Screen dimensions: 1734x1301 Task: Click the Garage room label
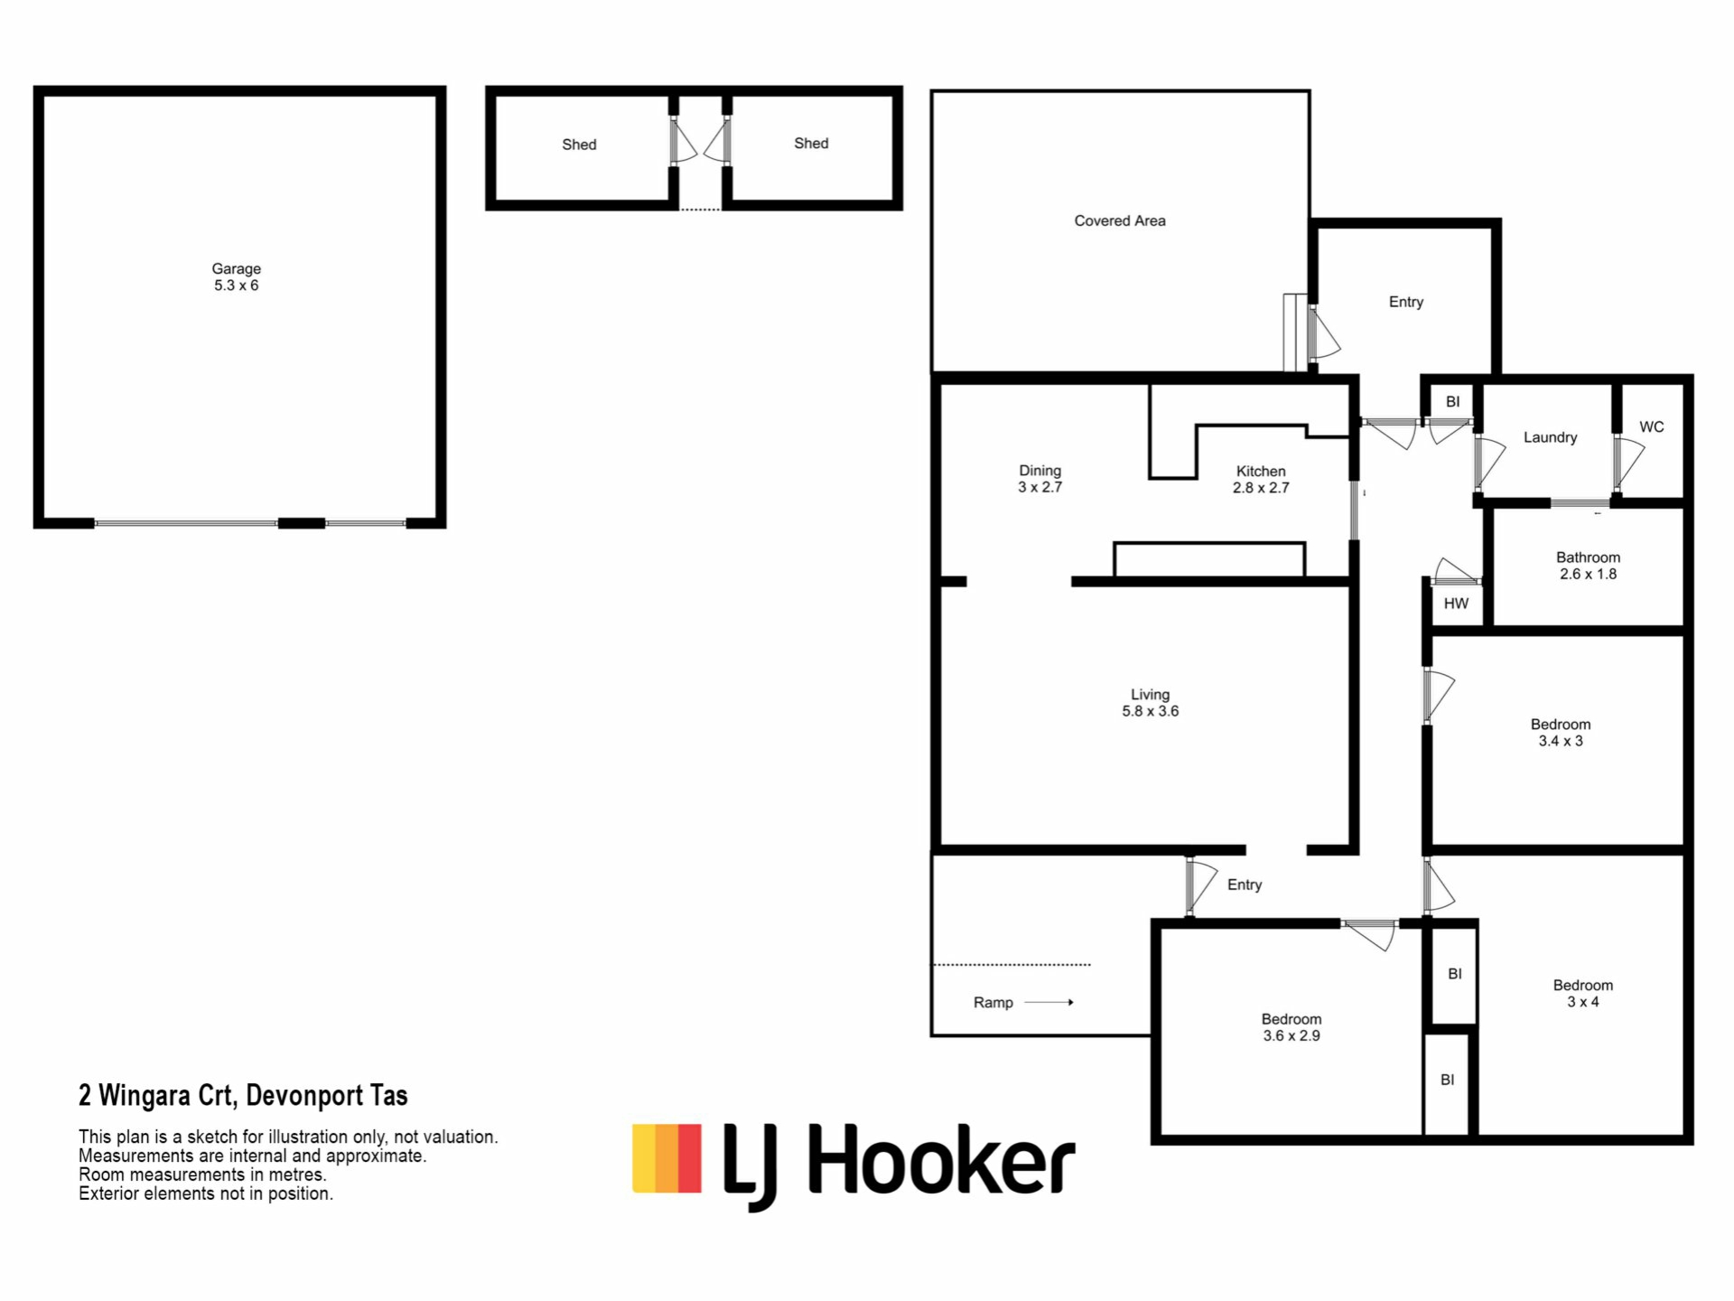coord(236,276)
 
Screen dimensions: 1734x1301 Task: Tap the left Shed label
coord(579,145)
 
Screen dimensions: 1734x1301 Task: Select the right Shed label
coord(811,144)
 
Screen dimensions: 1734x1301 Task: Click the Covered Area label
coord(1120,220)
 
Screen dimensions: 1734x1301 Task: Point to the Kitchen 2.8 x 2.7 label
coord(1261,479)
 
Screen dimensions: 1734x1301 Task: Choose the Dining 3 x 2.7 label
coord(1040,479)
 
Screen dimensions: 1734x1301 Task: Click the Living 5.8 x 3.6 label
coord(1151,703)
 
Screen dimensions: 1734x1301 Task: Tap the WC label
coord(1652,427)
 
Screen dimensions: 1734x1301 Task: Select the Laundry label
coord(1551,437)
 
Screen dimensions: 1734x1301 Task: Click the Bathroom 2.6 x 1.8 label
coord(1589,566)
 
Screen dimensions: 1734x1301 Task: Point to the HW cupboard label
coord(1456,604)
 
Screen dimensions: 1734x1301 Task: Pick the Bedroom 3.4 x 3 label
coord(1561,733)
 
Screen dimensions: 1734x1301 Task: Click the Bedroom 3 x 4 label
coord(1583,994)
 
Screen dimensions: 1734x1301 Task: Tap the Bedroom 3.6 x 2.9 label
coord(1291,1027)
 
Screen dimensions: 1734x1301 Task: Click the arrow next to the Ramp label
coord(1049,1002)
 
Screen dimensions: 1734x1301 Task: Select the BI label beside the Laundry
coord(1452,402)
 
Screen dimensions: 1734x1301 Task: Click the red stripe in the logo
coord(690,1158)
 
